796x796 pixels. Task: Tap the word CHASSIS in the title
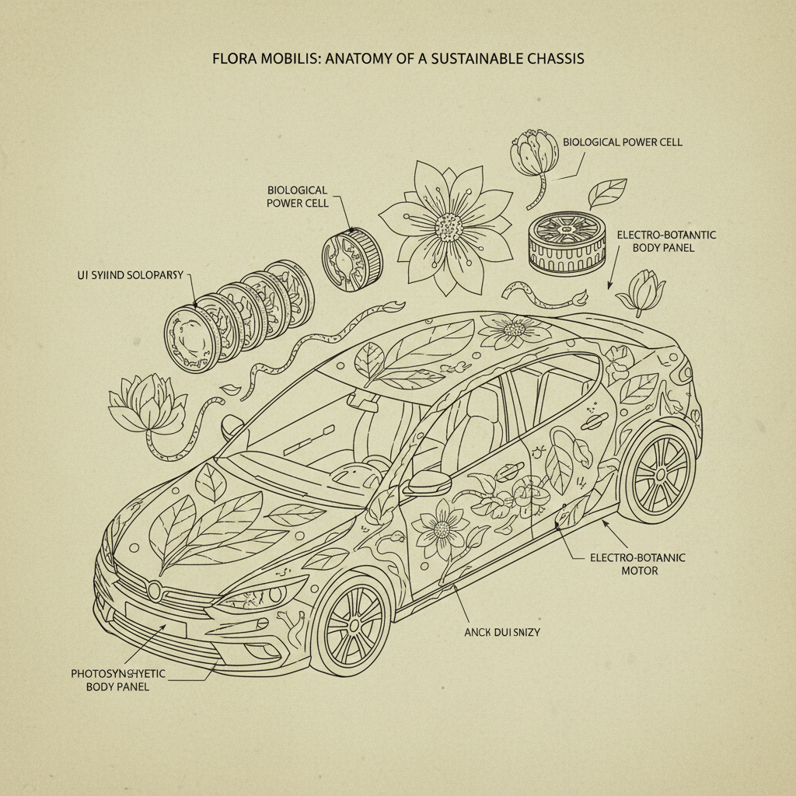554,58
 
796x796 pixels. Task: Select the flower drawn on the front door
441,529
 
